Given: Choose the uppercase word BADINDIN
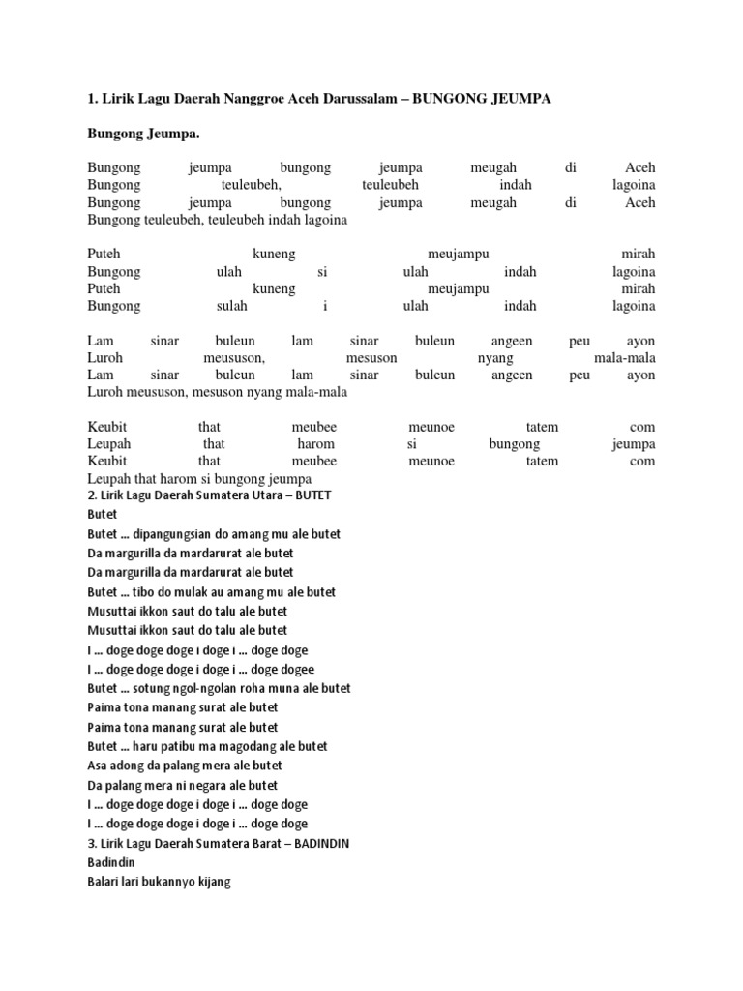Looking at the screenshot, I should (318, 844).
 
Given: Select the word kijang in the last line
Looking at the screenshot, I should (214, 883).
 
